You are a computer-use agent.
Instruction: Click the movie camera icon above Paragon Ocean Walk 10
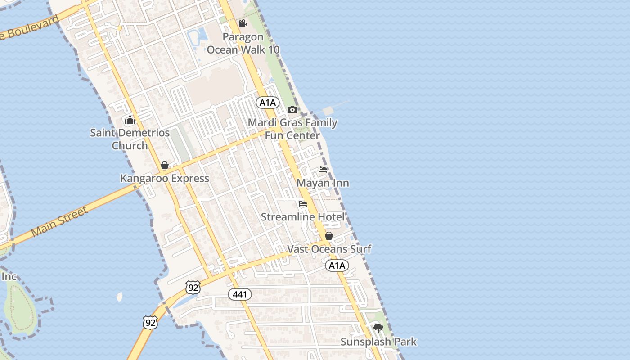243,23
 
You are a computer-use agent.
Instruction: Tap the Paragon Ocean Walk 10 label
243,43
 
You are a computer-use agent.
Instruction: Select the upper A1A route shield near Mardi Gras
268,103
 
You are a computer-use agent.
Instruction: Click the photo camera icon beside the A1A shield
292,109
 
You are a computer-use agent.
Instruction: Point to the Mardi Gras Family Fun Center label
292,129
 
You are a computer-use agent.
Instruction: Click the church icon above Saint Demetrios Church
130,120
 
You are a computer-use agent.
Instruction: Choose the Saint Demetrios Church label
130,139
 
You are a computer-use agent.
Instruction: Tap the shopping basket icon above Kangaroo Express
165,165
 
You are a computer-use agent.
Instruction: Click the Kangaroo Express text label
165,178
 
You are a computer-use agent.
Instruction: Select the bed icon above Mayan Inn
323,170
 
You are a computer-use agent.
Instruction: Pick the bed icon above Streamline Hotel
303,204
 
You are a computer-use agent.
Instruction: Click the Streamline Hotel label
303,217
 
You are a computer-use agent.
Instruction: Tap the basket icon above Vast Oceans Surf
329,236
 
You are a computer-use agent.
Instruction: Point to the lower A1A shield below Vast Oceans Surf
337,265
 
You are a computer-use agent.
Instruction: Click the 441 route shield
240,294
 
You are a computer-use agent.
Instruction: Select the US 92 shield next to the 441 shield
193,287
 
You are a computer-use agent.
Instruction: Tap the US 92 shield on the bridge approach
150,322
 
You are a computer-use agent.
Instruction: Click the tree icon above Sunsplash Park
378,328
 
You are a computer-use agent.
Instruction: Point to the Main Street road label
59,223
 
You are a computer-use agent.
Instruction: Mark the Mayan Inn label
323,183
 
